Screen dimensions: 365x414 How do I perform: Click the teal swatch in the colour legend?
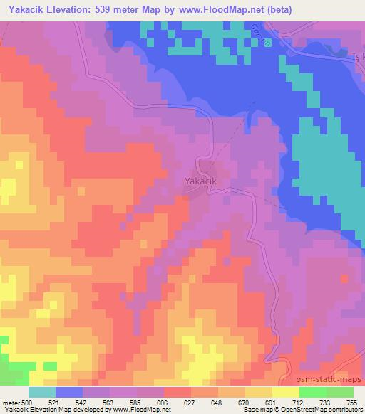coord(42,392)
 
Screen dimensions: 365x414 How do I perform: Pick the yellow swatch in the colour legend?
coord(285,392)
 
